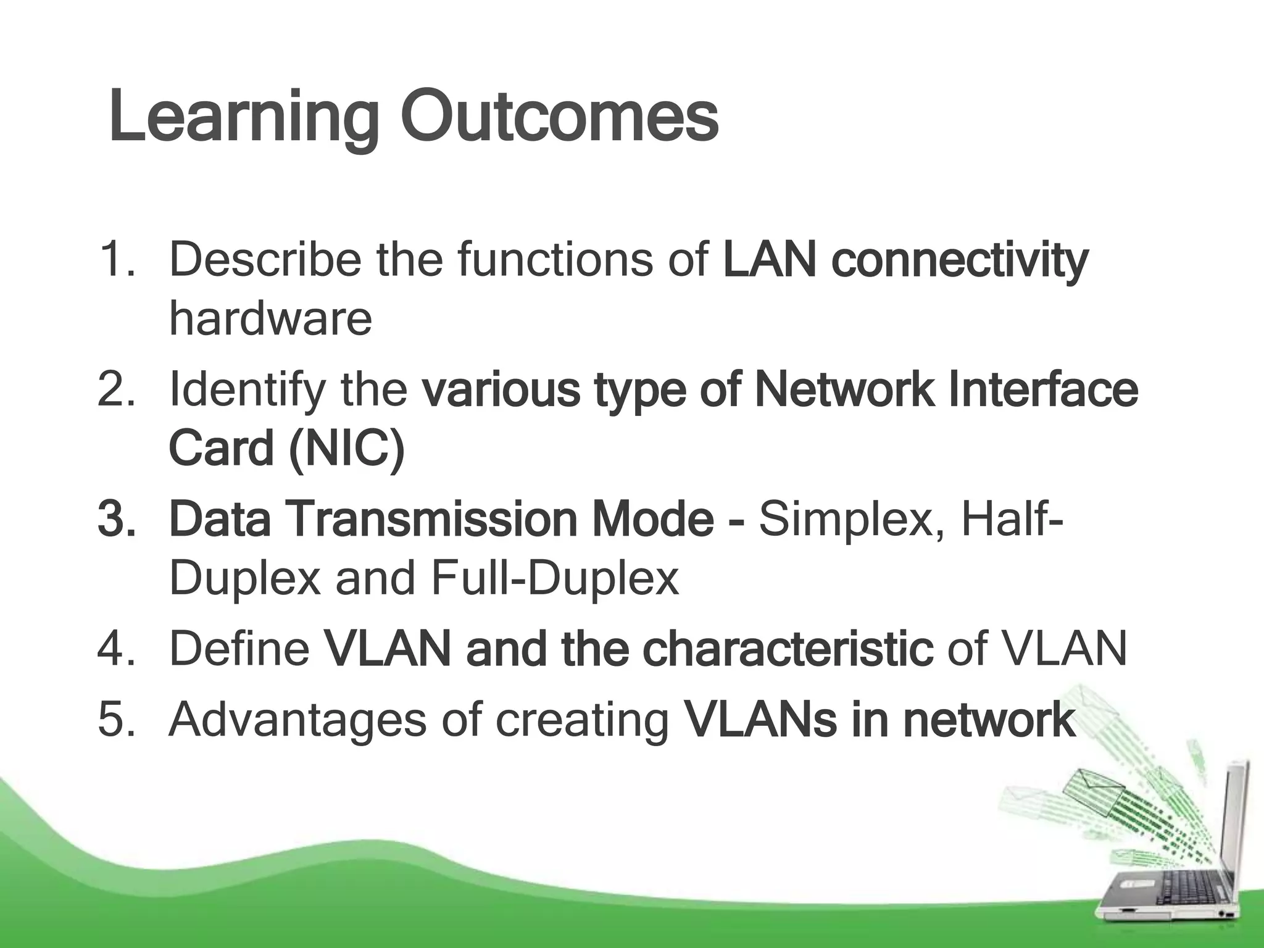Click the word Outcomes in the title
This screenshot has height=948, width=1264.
tap(559, 117)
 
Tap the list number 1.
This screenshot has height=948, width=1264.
tap(117, 260)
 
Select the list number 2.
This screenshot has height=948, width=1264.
tap(117, 389)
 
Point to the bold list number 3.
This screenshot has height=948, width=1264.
tap(117, 519)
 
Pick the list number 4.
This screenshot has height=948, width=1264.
tap(117, 649)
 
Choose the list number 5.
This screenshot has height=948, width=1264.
tap(117, 719)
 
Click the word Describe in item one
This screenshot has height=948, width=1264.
tap(265, 260)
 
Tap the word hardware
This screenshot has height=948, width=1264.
tap(270, 318)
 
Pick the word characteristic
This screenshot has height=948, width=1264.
tap(788, 649)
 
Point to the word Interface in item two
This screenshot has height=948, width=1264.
tap(1043, 389)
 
